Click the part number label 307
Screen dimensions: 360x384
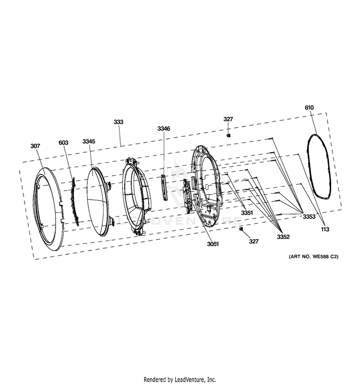(x=35, y=146)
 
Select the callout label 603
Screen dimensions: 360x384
(x=63, y=143)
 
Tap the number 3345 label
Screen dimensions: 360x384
(x=89, y=141)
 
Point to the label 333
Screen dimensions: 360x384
(x=118, y=122)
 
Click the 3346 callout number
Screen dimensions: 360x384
(x=164, y=129)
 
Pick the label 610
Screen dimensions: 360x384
(x=309, y=108)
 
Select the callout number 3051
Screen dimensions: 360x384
(x=213, y=244)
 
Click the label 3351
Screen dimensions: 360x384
(x=247, y=213)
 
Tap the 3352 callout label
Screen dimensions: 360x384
(x=283, y=237)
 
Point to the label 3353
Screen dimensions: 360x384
(x=309, y=216)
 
